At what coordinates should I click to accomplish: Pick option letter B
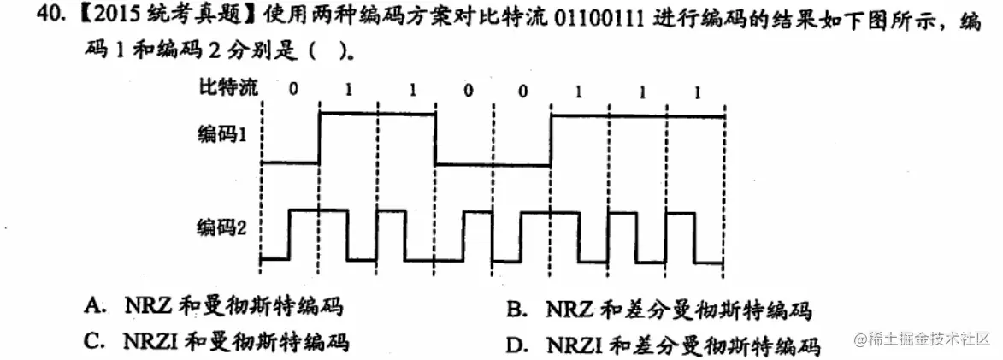coord(513,310)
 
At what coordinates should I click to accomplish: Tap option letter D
coord(514,345)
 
